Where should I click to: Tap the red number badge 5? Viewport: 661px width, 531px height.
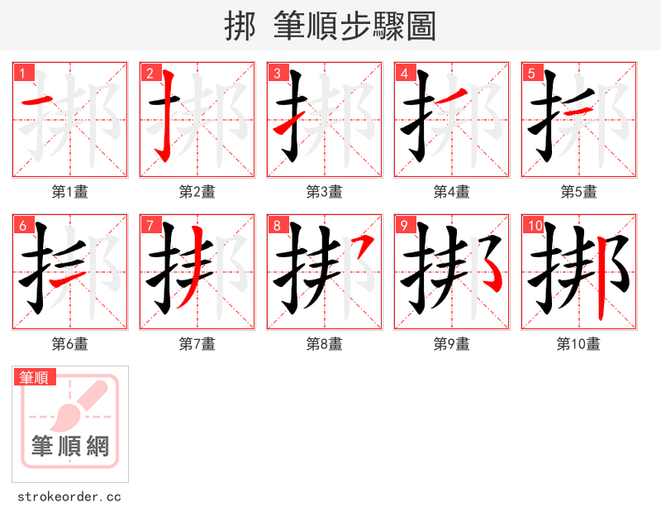pyautogui.click(x=532, y=74)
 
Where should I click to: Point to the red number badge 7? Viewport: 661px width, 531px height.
pyautogui.click(x=150, y=226)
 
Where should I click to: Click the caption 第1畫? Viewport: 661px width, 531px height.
pyautogui.click(x=69, y=192)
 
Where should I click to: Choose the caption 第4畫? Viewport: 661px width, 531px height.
pyautogui.click(x=451, y=192)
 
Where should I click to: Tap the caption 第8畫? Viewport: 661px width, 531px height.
pyautogui.click(x=324, y=344)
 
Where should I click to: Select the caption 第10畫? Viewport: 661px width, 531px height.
pyautogui.click(x=578, y=344)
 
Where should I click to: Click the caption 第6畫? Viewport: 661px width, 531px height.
pyautogui.click(x=69, y=344)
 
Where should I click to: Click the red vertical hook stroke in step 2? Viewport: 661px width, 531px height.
pyautogui.click(x=166, y=116)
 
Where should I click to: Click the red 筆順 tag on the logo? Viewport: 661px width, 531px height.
pyautogui.click(x=35, y=377)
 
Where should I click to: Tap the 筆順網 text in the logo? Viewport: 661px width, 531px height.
pyautogui.click(x=70, y=447)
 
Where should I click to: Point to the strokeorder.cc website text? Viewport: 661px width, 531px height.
pyautogui.click(x=69, y=497)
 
